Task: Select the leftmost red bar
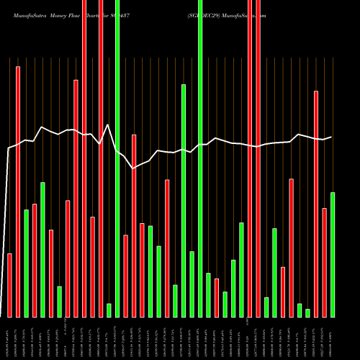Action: [9, 285]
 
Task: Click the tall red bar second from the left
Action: [18, 192]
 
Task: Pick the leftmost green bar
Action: [26, 263]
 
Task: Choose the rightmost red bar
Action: [324, 262]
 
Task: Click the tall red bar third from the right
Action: [316, 204]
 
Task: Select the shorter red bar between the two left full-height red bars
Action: [92, 266]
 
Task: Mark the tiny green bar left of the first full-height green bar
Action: [109, 310]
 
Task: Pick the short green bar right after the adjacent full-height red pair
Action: [266, 307]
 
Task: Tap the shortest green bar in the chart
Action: [307, 312]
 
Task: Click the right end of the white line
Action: [331, 137]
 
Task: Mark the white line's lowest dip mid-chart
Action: [133, 168]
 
